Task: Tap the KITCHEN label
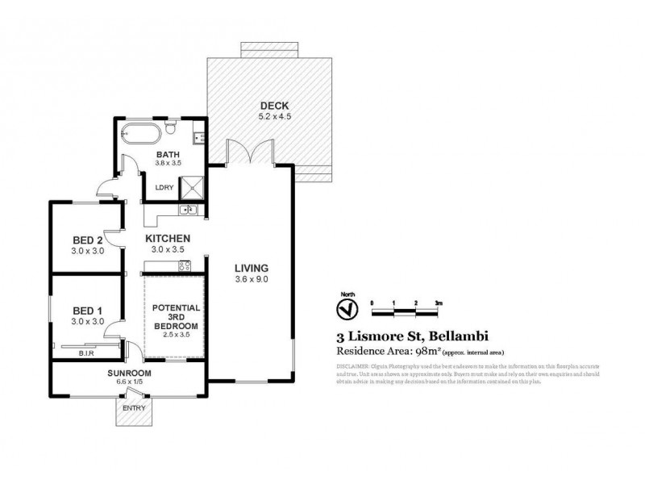(x=168, y=239)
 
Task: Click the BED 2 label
(x=86, y=240)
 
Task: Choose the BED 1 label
(x=86, y=311)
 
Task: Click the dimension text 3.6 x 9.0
(x=251, y=279)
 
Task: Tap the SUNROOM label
(x=129, y=373)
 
